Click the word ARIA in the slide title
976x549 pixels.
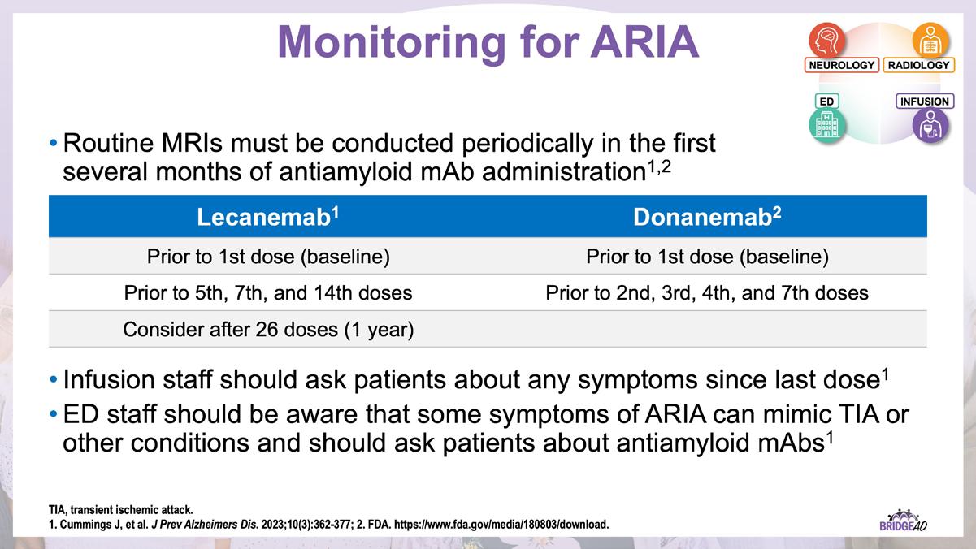pos(644,41)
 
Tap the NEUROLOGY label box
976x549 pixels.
pos(841,65)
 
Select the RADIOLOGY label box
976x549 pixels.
pos(918,65)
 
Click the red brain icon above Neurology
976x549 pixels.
pos(827,41)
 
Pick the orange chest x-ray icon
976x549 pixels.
pos(930,41)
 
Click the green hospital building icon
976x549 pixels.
pos(827,125)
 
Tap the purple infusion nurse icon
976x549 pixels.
pos(930,125)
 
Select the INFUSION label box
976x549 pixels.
pos(925,101)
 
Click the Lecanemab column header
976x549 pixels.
pos(268,216)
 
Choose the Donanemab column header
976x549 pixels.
pos(707,216)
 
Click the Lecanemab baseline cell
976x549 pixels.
pos(268,256)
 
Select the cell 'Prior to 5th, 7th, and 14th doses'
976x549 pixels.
pos(268,292)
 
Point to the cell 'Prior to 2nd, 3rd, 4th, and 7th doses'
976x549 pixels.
pos(707,292)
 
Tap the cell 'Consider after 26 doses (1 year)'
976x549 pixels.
pos(268,329)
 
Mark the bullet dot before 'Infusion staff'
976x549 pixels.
pos(54,379)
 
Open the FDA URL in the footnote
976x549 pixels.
pos(501,525)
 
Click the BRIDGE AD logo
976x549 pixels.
pos(903,521)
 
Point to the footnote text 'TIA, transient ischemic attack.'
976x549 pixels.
pos(121,510)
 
